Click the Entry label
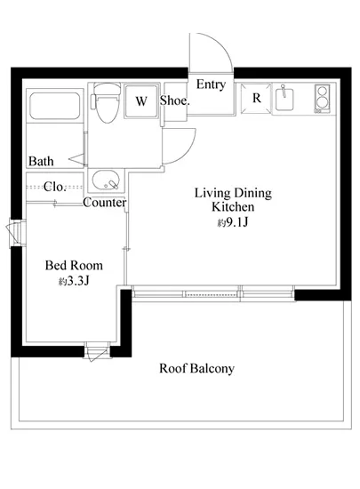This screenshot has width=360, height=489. click(211, 84)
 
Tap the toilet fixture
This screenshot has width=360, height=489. click(106, 103)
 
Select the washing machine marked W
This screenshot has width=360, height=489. click(141, 100)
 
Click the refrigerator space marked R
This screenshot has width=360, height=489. click(256, 98)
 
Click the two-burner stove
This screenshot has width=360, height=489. click(322, 99)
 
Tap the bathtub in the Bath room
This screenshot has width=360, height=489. click(55, 106)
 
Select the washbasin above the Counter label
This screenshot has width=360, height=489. click(106, 180)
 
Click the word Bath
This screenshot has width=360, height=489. click(41, 161)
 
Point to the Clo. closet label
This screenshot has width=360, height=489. click(54, 187)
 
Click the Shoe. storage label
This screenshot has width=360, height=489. click(174, 100)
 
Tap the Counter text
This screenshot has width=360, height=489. click(104, 203)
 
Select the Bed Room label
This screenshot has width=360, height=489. click(74, 266)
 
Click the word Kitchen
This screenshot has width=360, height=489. click(233, 207)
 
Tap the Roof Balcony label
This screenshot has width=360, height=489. click(196, 369)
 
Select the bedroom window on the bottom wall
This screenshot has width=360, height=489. click(97, 350)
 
